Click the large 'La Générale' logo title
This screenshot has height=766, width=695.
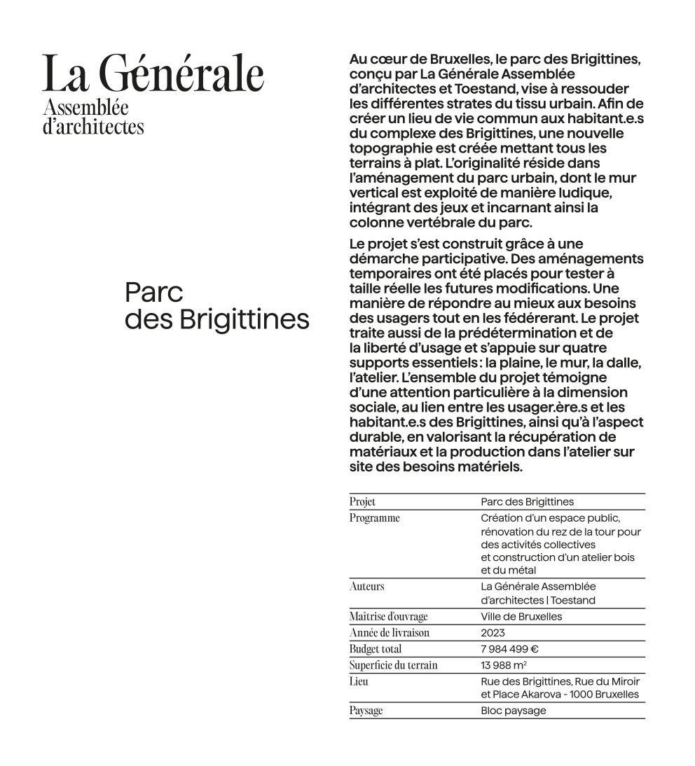(153, 74)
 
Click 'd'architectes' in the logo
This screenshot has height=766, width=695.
(93, 126)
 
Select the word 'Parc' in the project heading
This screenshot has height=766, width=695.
(153, 292)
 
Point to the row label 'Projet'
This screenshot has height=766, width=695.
(362, 502)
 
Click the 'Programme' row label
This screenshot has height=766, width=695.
(374, 518)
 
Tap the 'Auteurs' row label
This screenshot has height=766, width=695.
(366, 586)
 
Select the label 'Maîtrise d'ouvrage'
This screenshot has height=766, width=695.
(388, 617)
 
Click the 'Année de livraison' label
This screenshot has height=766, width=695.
(389, 633)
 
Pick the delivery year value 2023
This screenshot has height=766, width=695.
(493, 633)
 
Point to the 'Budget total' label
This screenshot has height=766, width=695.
(376, 649)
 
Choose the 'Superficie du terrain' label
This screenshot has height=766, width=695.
(393, 665)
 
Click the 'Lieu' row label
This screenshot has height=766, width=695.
(359, 681)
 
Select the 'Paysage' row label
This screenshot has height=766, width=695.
(366, 711)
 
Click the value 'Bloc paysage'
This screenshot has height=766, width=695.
(513, 711)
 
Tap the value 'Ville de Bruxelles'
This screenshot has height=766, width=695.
(521, 617)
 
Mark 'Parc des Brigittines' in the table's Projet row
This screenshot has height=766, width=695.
(527, 502)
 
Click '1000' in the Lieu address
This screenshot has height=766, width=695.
(582, 695)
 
